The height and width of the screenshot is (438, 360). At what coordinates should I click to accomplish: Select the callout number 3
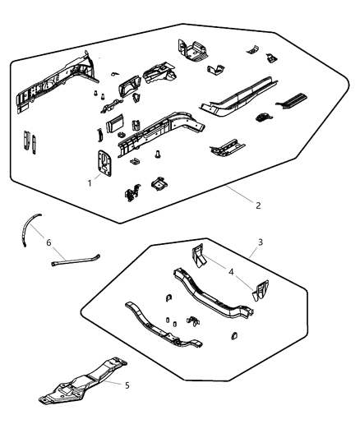[260, 243]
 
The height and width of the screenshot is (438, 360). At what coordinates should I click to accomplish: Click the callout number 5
[127, 384]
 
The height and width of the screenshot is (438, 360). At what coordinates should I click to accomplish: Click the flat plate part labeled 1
[104, 163]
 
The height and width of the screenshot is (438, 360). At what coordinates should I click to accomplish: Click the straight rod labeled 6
[76, 261]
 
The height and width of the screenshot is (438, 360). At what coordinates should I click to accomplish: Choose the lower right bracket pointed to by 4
[260, 291]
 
